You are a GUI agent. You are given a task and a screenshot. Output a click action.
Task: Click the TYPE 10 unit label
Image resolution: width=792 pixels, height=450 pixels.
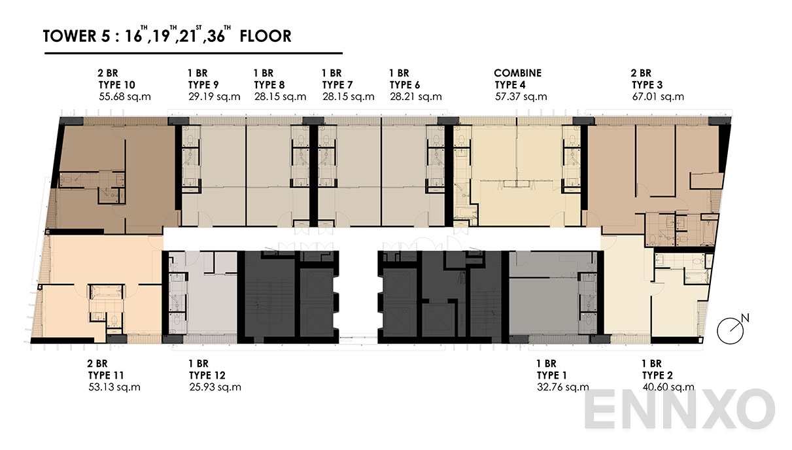tap(116, 84)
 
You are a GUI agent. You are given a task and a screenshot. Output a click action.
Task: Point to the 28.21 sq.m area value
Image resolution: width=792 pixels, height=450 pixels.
tap(415, 97)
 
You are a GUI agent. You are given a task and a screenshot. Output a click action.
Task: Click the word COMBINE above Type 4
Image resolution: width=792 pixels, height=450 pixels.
tap(517, 73)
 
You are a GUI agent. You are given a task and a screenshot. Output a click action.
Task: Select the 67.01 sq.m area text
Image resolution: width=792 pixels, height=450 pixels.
tap(657, 97)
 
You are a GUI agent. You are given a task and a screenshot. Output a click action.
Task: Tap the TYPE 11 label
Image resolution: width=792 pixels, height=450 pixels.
tap(106, 375)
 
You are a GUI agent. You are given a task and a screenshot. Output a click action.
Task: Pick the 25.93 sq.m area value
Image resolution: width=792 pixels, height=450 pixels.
tap(215, 387)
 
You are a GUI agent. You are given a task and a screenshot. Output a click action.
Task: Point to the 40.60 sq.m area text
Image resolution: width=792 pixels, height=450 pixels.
tap(668, 387)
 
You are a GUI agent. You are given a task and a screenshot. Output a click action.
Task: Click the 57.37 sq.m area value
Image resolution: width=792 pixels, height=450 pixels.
tap(521, 97)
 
